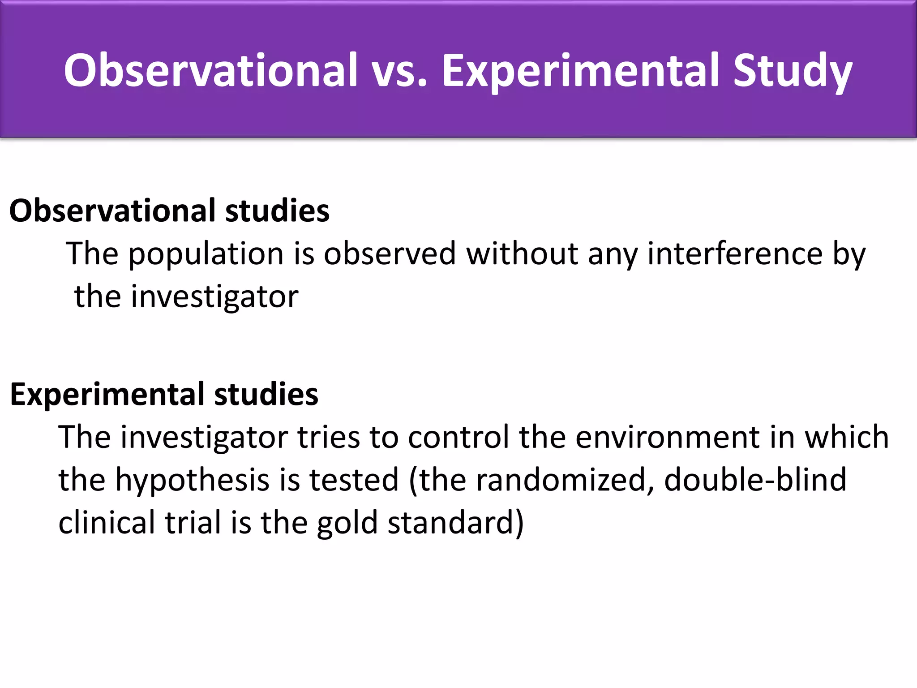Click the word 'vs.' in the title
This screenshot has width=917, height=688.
point(400,70)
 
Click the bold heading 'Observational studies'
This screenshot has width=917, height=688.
point(169,211)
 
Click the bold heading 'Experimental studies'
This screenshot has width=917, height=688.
point(164,394)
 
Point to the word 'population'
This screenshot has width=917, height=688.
point(206,254)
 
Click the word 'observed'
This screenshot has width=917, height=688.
point(389,254)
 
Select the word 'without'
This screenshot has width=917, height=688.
point(521,254)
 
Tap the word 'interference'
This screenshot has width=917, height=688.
point(735,254)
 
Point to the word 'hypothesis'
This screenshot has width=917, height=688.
point(193,480)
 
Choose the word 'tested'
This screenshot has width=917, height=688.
point(354,480)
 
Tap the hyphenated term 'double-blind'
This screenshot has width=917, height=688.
point(755,480)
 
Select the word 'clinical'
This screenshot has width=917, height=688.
point(107,523)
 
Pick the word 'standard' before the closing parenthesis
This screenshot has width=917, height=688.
point(450,523)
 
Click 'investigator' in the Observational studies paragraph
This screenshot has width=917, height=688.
point(214,297)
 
